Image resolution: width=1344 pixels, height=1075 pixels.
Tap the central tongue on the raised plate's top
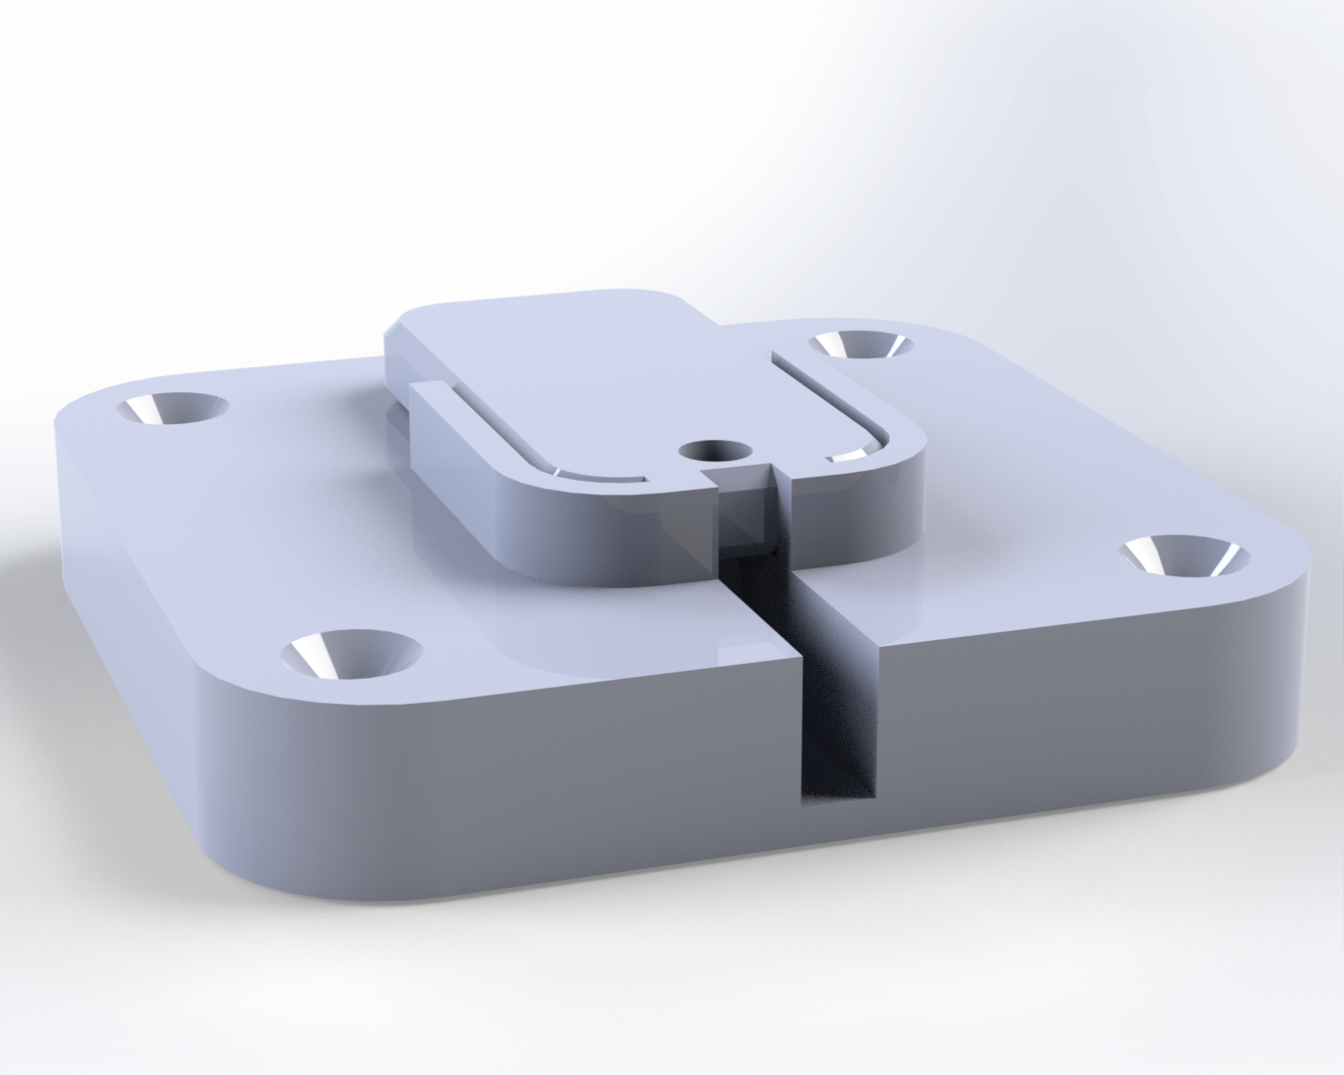(597, 378)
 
